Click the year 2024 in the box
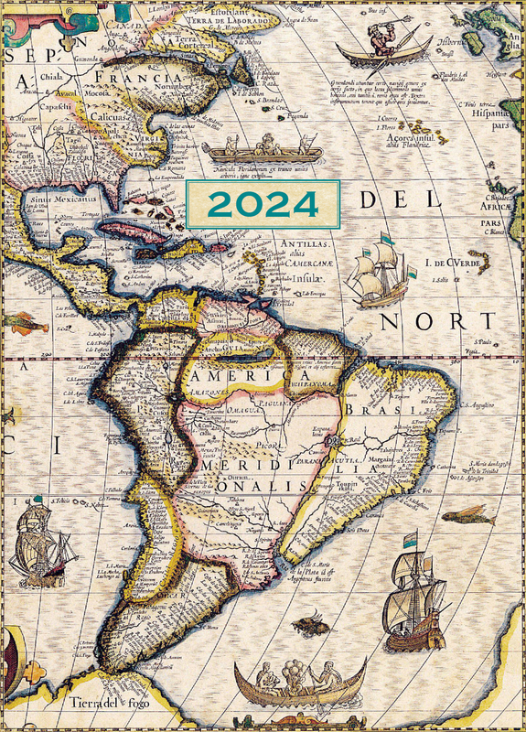pyautogui.click(x=262, y=204)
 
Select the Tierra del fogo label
pyautogui.click(x=107, y=705)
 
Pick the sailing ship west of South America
pyautogui.click(x=40, y=547)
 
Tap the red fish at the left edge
pyautogui.click(x=25, y=322)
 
